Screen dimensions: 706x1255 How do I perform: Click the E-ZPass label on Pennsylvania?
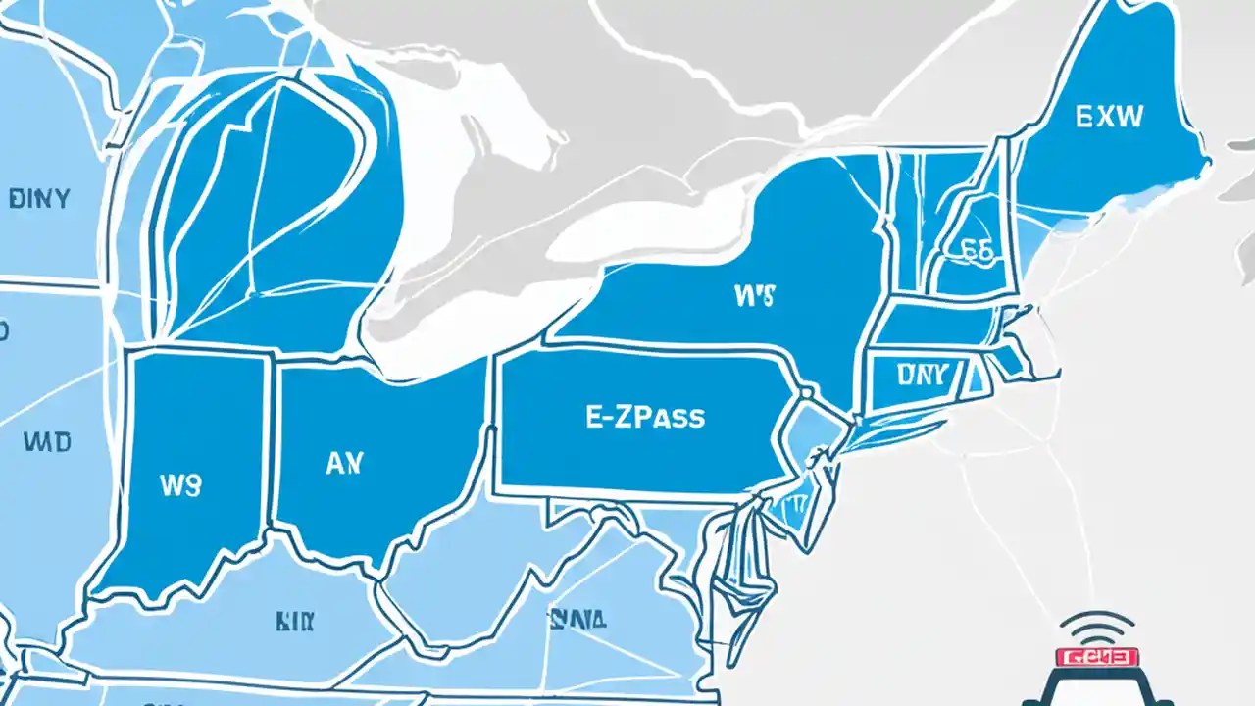tap(645, 417)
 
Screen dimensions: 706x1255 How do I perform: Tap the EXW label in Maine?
tap(1109, 118)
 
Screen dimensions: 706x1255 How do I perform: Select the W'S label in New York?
tap(753, 295)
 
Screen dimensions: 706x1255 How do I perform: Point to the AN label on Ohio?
tap(343, 464)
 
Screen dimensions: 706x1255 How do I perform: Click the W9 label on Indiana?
tap(178, 484)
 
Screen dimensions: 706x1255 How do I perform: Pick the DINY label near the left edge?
tap(39, 199)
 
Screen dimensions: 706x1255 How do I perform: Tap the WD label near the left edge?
tap(46, 443)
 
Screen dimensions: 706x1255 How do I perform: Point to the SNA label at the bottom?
tap(577, 619)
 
